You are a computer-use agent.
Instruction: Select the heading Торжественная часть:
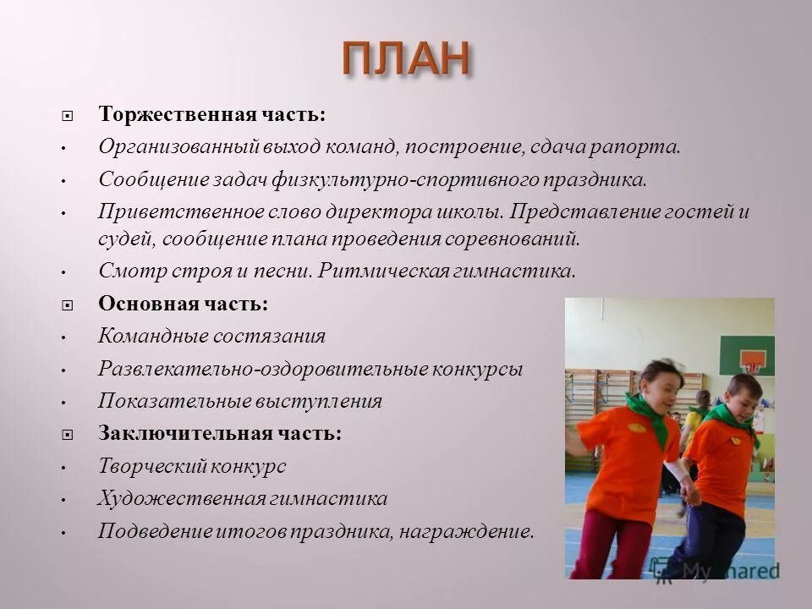tap(211, 113)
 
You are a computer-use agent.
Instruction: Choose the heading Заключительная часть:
tap(220, 433)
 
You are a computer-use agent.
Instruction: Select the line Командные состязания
tap(211, 336)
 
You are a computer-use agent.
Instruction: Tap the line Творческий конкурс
tap(192, 466)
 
